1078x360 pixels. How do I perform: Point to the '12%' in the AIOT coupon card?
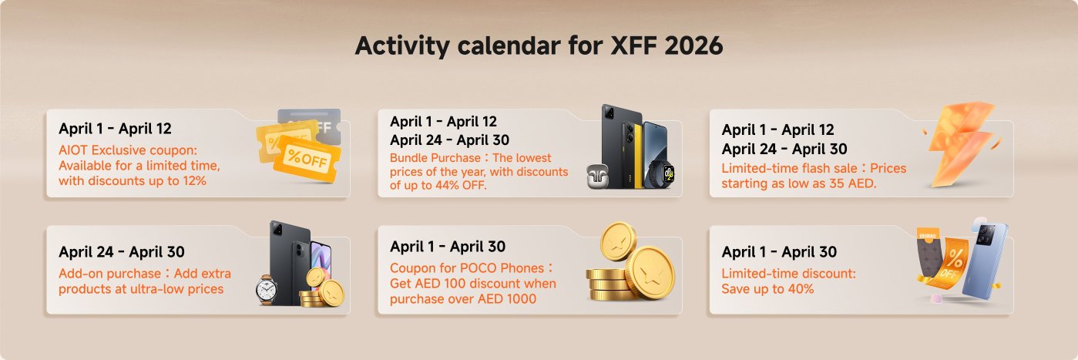point(193,181)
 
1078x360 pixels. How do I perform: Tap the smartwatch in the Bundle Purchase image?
point(659,171)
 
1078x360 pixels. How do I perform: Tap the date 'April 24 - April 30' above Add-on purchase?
point(122,252)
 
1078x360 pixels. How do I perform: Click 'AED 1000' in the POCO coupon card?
point(509,299)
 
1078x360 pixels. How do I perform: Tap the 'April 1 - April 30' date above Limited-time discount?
point(778,252)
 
